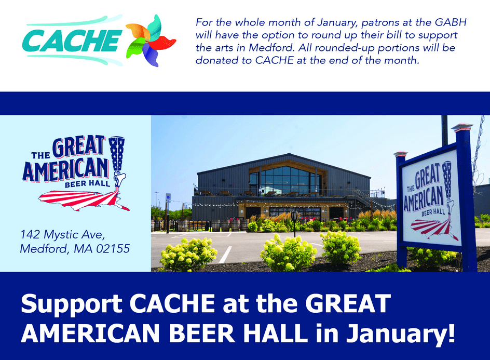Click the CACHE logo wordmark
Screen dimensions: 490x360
[x=72, y=41]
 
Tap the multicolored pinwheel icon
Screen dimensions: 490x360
[x=151, y=41]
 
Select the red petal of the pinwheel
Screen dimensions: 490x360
[x=162, y=43]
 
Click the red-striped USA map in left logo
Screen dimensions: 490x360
[x=84, y=200]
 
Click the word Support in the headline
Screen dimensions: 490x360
[x=72, y=304]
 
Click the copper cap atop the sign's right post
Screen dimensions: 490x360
[x=462, y=127]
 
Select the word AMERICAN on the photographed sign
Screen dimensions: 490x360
[x=424, y=198]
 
